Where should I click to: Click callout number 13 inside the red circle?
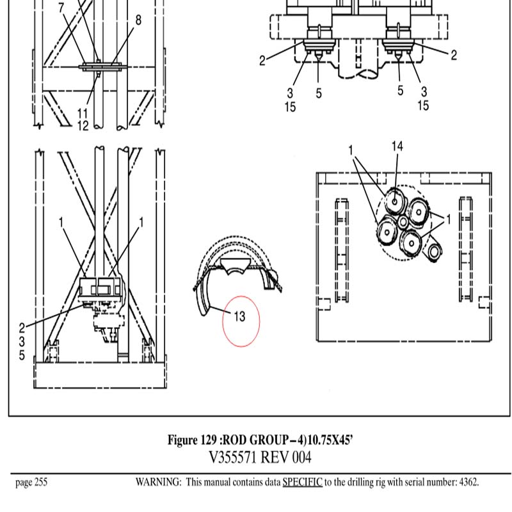[239, 316]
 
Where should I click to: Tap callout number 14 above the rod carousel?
[397, 147]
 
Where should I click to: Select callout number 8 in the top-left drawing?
[138, 20]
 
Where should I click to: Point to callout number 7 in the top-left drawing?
[61, 8]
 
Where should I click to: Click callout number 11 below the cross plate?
[83, 114]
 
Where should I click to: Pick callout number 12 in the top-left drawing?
[83, 125]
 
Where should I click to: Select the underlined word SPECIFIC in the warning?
[302, 482]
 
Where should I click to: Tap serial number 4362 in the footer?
[468, 482]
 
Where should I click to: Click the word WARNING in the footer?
[158, 482]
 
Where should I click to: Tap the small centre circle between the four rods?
[403, 222]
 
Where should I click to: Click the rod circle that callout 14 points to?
[394, 201]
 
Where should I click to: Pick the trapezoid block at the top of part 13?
[235, 266]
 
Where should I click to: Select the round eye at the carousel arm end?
[435, 252]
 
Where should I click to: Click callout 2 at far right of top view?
[454, 55]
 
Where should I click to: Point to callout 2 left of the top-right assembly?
[262, 61]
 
